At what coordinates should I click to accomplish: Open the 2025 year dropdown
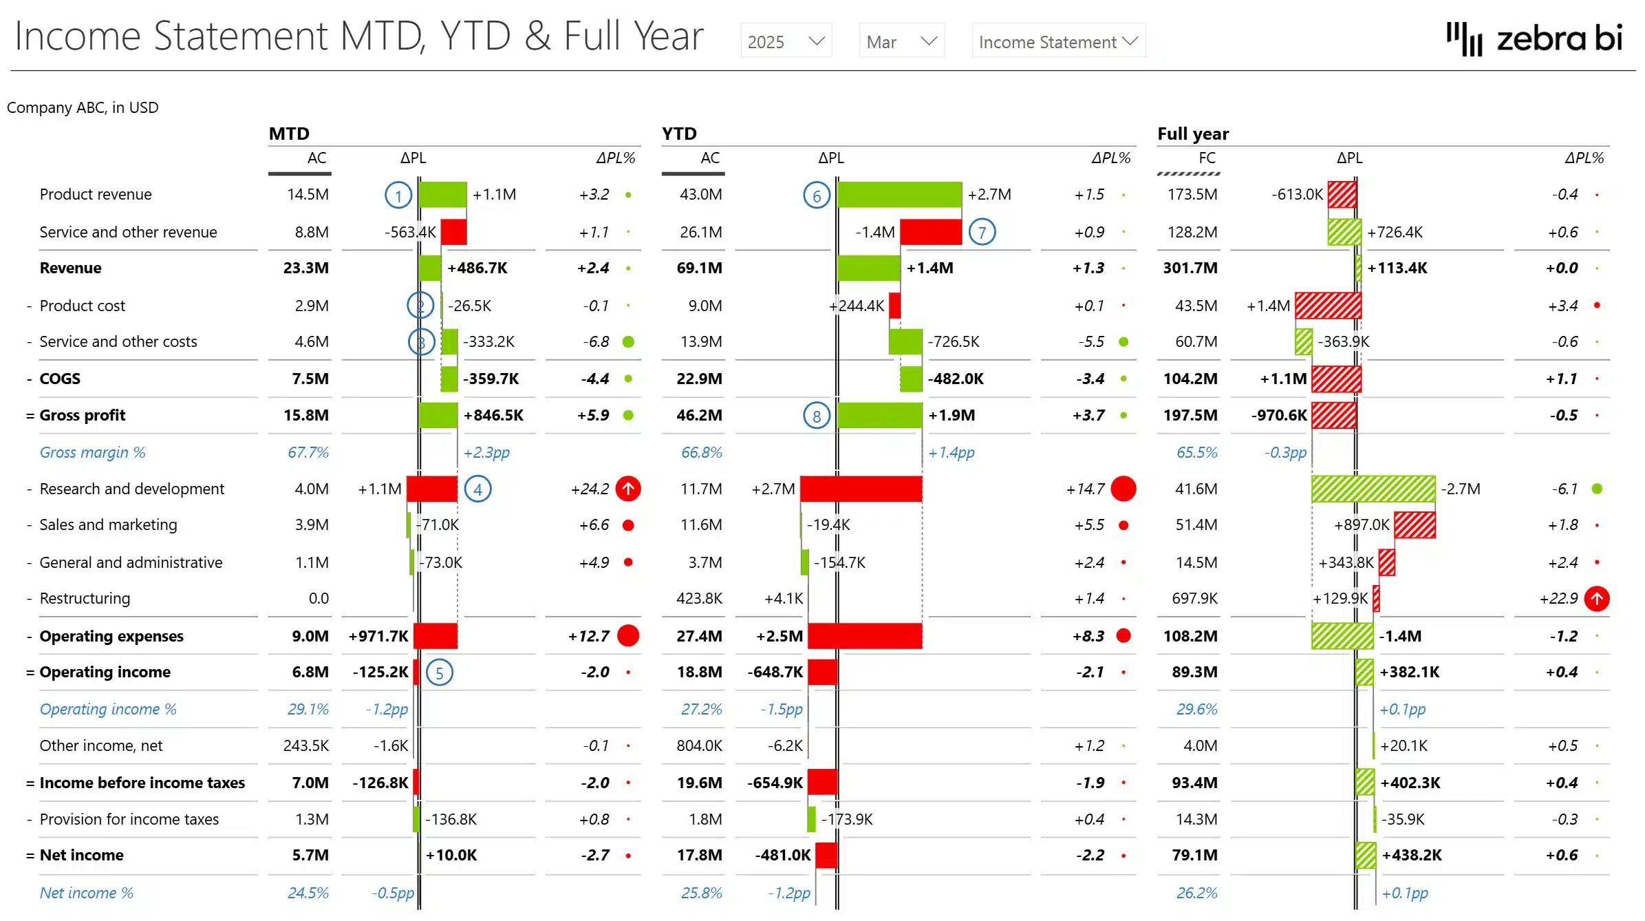786,41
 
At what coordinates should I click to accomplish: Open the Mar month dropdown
901,41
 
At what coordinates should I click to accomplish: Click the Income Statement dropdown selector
1057,41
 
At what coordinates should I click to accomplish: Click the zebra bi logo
1534,39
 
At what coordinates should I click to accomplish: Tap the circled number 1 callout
398,196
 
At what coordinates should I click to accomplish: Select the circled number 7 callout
982,233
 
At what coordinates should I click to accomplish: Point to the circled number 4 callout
477,489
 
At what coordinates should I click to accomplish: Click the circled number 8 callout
817,416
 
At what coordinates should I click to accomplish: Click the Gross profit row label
83,415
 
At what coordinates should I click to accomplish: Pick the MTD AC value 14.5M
308,194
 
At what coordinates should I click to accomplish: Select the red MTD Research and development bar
432,489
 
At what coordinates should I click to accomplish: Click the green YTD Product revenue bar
899,195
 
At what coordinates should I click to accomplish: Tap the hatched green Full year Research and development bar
1373,489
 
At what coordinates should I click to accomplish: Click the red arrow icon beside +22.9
1596,599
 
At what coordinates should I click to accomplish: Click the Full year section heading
1192,134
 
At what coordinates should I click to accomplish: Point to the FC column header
1207,158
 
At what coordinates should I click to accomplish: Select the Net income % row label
87,893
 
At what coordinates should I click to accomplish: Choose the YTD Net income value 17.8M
700,855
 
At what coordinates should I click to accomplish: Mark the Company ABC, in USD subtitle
83,107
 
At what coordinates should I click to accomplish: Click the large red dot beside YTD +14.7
1123,489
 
